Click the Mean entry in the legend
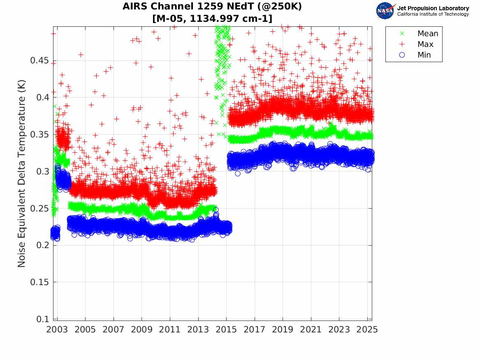[x=427, y=34]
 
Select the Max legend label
[x=425, y=44]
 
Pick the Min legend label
[x=424, y=55]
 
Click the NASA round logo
[x=385, y=11]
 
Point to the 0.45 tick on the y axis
[x=40, y=61]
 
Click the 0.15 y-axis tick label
[x=40, y=282]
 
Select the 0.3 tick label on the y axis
[x=43, y=172]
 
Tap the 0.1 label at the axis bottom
[x=43, y=319]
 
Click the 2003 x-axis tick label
[x=57, y=330]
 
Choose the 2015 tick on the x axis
[x=226, y=330]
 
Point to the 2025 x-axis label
[x=367, y=330]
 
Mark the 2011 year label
[x=170, y=330]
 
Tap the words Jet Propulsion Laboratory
[x=433, y=8]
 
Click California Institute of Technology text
[x=433, y=14]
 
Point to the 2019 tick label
[x=283, y=330]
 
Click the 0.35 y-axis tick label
[x=40, y=135]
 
